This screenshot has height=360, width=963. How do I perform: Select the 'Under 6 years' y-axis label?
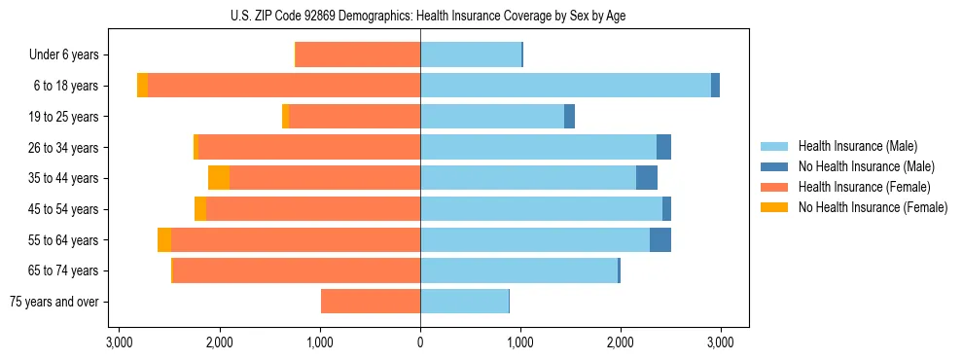tap(69, 55)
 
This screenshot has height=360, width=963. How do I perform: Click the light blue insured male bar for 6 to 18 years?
tap(565, 86)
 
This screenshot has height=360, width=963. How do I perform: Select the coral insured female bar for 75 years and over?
tap(371, 302)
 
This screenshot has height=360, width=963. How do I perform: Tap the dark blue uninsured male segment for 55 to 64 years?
tap(660, 240)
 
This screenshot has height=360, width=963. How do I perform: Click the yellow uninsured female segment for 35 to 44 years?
tap(219, 178)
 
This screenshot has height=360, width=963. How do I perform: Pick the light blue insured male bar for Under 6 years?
tap(471, 55)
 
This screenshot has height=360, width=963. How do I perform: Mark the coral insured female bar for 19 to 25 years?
tap(355, 117)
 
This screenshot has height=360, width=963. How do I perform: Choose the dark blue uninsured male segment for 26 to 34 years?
tap(663, 148)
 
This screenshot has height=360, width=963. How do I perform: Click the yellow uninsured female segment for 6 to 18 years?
tap(142, 86)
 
